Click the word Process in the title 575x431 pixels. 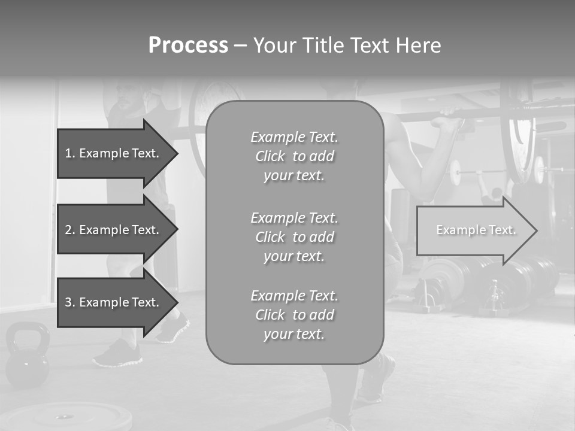(188, 45)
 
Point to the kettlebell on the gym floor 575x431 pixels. (27, 359)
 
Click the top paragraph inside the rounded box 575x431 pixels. (294, 156)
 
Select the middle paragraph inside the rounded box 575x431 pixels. (294, 237)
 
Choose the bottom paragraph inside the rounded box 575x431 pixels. (294, 315)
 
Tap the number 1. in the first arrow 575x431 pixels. (70, 153)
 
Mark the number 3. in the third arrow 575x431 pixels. (70, 302)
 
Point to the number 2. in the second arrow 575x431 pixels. (70, 230)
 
